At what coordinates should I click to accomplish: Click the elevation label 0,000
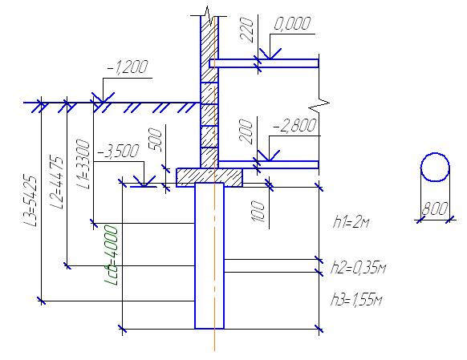(292, 24)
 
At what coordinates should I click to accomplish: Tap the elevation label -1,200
(128, 67)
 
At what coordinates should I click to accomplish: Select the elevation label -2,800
(294, 125)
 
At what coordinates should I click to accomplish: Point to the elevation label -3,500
(118, 152)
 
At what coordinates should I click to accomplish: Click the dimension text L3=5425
(30, 201)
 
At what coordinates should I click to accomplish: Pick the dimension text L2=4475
(57, 182)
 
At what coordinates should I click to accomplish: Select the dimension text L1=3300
(83, 164)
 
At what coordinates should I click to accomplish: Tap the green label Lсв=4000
(112, 255)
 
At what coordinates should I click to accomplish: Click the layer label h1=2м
(351, 222)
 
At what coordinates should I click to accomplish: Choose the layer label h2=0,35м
(359, 267)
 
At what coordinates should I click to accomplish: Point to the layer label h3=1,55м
(356, 300)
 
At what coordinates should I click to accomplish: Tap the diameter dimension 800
(435, 208)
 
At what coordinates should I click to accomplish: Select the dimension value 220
(247, 30)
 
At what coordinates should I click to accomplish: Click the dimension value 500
(155, 140)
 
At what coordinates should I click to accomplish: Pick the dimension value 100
(258, 212)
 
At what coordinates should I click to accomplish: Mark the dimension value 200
(246, 131)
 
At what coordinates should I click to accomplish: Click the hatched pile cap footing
(209, 177)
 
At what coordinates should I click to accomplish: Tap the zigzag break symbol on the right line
(319, 103)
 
